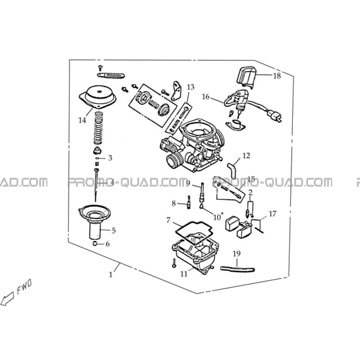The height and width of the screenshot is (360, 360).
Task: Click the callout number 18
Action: [x=277, y=75]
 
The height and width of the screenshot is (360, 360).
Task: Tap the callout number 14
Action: [x=82, y=120]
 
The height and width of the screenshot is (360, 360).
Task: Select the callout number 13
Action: [x=190, y=87]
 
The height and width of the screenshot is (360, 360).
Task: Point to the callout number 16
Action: [x=206, y=97]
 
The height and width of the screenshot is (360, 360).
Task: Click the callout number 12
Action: [x=246, y=156]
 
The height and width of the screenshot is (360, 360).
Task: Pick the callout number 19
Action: [x=237, y=254]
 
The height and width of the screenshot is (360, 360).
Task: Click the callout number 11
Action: [x=184, y=274]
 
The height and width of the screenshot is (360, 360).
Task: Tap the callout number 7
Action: [x=168, y=220]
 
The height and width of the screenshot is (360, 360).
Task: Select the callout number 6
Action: [x=108, y=244]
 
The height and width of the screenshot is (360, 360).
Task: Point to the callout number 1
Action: [x=111, y=275]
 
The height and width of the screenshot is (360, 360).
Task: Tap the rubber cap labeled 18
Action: [x=245, y=77]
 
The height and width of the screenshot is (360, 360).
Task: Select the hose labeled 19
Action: [x=237, y=269]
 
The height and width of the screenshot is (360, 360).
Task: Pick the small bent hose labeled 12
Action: [x=232, y=170]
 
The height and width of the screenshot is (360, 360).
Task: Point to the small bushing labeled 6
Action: [x=95, y=244]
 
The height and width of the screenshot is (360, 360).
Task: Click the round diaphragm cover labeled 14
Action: [x=98, y=96]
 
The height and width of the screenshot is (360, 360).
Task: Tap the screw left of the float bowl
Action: [x=174, y=263]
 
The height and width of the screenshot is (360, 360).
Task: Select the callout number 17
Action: [x=272, y=214]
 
